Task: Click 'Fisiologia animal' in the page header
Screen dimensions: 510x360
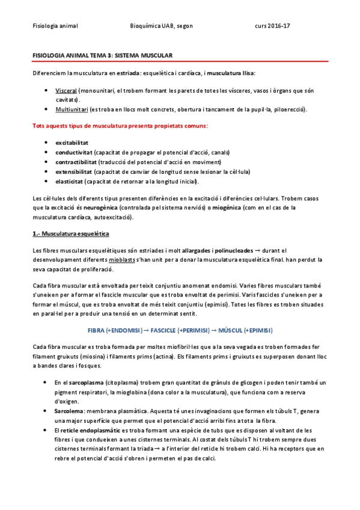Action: coord(55,26)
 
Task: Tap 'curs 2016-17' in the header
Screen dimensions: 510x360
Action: coord(272,26)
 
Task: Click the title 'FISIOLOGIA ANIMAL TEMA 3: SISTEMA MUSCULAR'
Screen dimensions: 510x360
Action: coord(103,55)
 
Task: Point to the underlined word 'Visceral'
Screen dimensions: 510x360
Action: coord(66,90)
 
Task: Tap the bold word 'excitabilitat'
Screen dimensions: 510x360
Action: coord(72,143)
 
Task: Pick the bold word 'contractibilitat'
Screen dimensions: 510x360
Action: coord(77,162)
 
